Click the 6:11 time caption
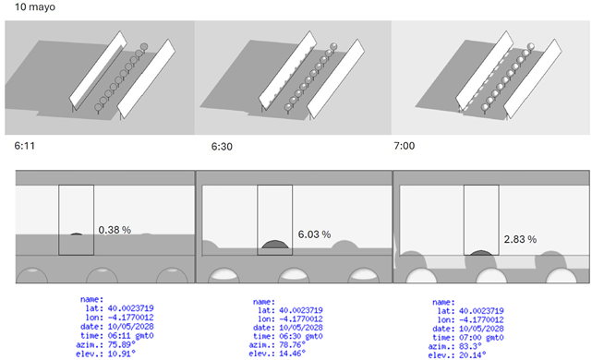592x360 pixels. [x=26, y=145]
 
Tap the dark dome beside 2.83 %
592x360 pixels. [x=481, y=252]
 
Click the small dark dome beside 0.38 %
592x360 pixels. [x=78, y=234]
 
